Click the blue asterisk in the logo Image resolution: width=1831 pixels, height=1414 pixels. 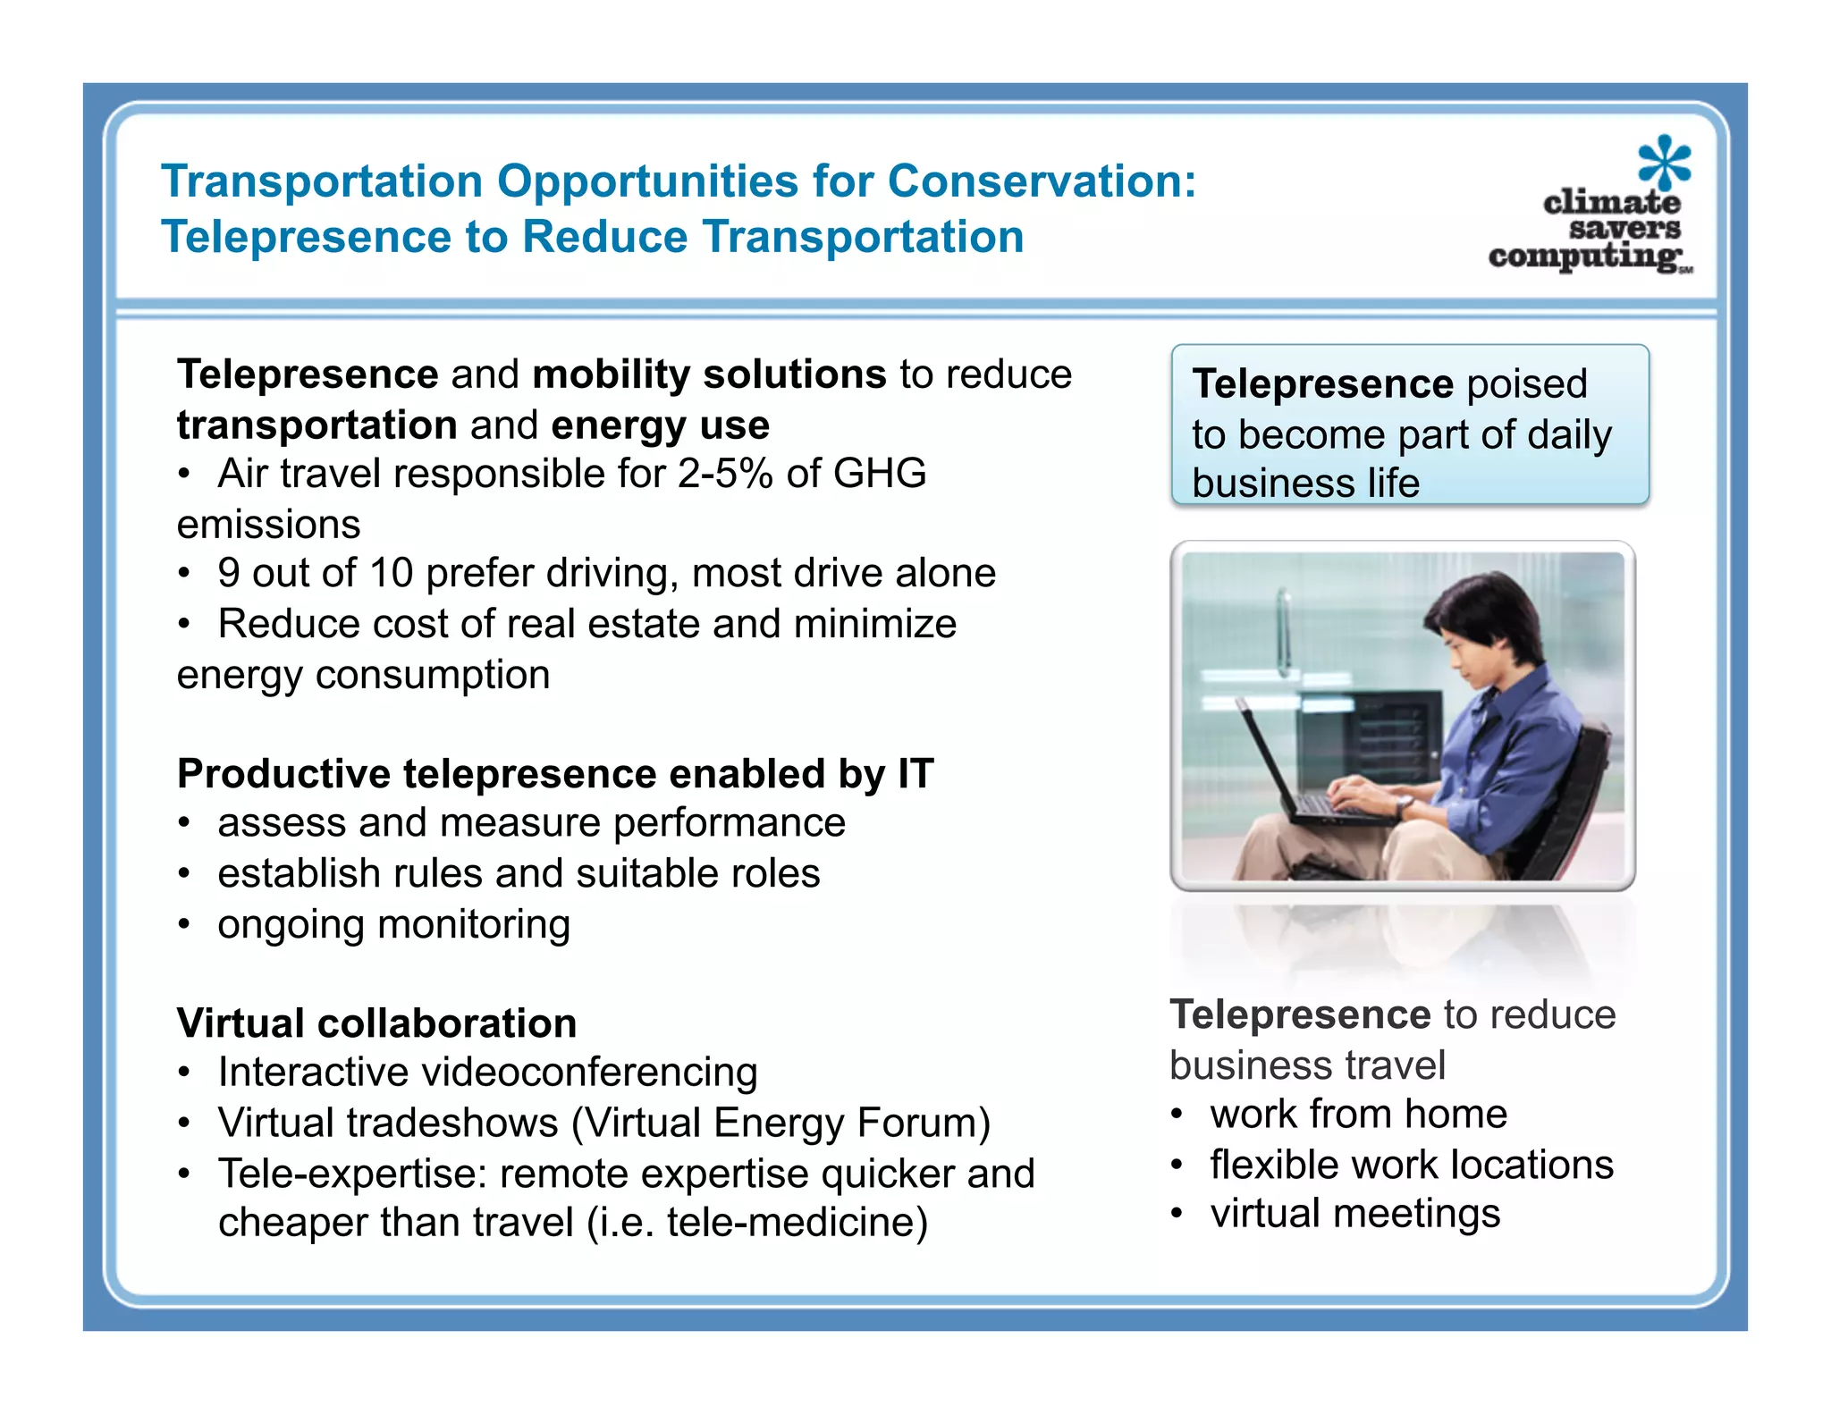1664,162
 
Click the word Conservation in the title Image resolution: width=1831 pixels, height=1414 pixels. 1041,181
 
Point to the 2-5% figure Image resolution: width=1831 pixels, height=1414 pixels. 724,474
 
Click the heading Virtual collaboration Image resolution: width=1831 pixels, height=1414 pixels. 376,1023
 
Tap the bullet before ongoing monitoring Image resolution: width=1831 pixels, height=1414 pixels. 184,925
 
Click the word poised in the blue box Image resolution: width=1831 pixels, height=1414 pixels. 1527,384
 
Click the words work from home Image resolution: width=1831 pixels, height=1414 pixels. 1358,1115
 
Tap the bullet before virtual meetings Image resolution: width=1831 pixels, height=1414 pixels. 1177,1215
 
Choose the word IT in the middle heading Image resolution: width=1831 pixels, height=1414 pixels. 915,774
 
